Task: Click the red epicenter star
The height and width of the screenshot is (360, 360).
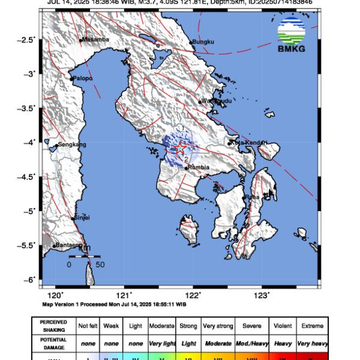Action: pyautogui.click(x=180, y=148)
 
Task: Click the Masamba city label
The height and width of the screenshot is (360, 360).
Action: pyautogui.click(x=94, y=40)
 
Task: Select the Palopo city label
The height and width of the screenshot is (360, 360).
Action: pyautogui.click(x=83, y=78)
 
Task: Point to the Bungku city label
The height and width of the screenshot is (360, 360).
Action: pyautogui.click(x=203, y=42)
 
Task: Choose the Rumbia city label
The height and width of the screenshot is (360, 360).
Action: pyautogui.click(x=199, y=167)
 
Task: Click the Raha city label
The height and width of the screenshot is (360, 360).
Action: pyautogui.click(x=252, y=197)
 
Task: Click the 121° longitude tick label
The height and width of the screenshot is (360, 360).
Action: pyautogui.click(x=124, y=295)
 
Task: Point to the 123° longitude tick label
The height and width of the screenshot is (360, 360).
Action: pyautogui.click(x=262, y=295)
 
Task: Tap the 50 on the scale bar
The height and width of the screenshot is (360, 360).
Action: pyautogui.click(x=100, y=264)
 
